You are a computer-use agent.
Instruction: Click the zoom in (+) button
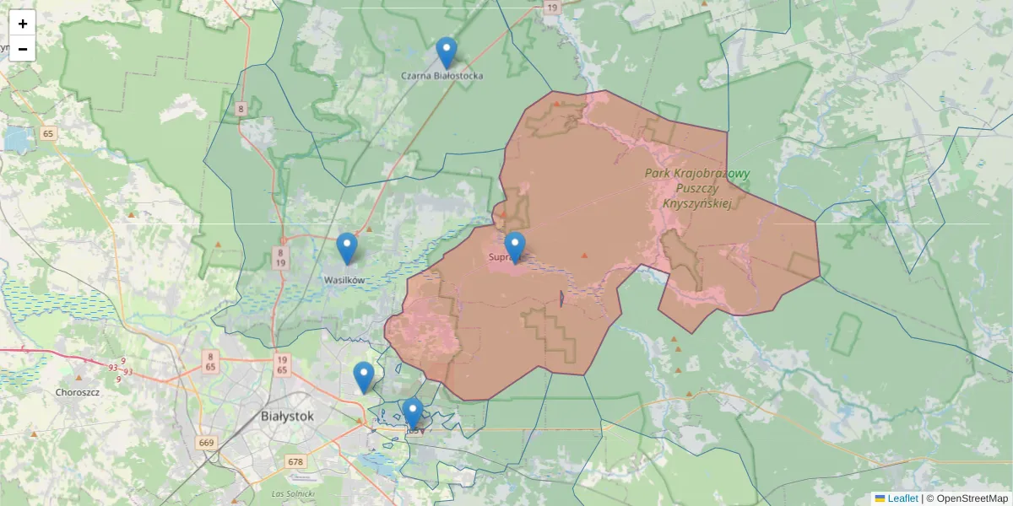22,24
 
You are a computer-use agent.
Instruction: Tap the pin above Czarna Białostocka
447,52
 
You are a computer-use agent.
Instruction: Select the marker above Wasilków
347,247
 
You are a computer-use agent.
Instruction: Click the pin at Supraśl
515,246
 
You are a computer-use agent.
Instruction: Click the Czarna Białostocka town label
442,76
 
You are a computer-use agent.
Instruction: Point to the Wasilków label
344,279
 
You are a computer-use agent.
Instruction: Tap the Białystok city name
287,416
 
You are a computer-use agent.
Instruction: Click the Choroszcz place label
78,392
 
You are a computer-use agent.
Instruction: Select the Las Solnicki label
293,493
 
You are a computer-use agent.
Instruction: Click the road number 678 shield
295,461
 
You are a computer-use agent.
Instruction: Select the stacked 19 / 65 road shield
282,364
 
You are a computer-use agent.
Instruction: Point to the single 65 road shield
48,133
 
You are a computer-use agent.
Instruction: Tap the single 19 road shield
552,8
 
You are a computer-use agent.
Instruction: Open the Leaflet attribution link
902,498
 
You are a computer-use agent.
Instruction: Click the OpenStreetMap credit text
967,498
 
